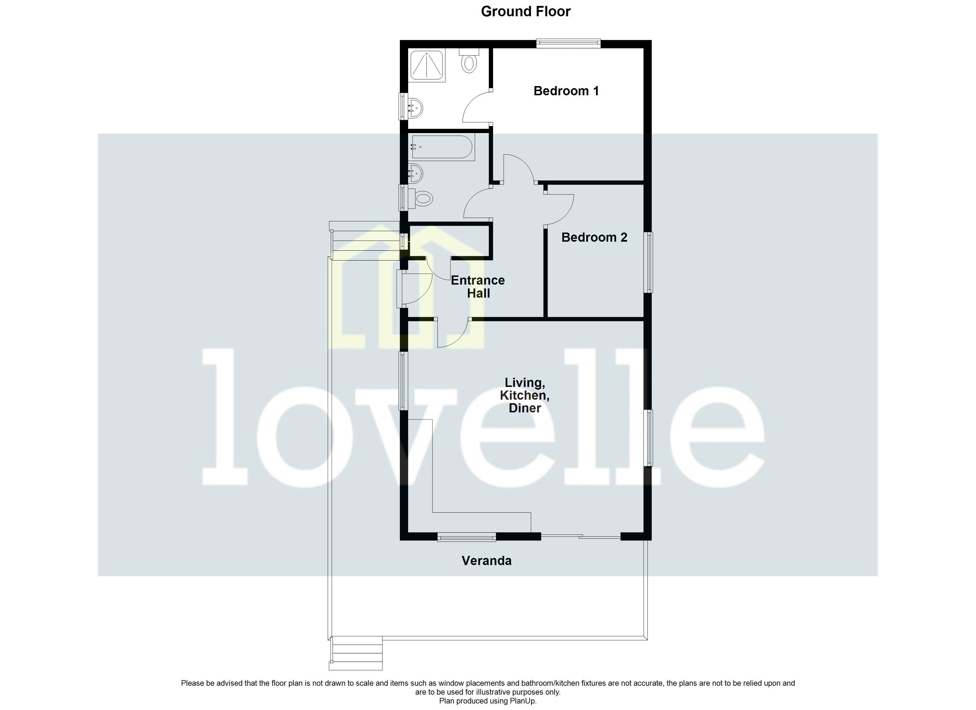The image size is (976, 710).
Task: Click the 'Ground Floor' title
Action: coord(526,12)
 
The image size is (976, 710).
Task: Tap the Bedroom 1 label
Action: coord(566,91)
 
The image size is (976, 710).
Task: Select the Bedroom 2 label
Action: coord(594,237)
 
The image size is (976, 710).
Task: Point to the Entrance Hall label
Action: coord(478,287)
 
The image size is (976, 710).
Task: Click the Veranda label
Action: coord(486,561)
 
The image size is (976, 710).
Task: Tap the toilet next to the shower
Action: coord(469,61)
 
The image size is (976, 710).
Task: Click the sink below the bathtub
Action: coord(416,174)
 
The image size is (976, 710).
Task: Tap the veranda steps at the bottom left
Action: coord(356,654)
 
